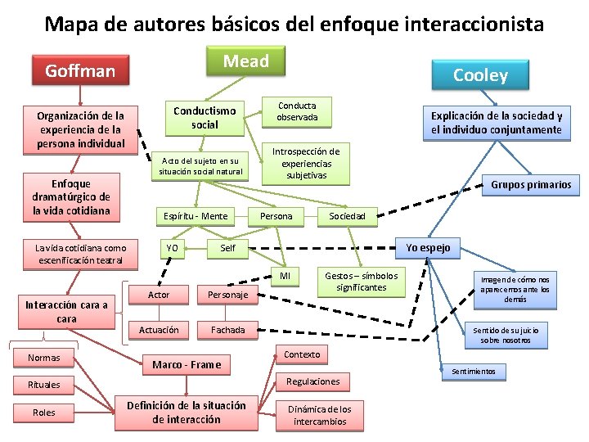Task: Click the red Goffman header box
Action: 80,71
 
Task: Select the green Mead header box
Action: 246,61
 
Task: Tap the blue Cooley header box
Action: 480,75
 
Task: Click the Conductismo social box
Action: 205,118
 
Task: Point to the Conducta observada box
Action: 296,112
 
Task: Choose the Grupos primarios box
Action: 531,185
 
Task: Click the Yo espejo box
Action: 428,247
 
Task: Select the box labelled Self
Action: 228,248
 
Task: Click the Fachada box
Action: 228,331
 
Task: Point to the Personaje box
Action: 228,295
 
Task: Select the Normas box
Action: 43,358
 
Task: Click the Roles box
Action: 43,413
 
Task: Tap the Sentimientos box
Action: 474,372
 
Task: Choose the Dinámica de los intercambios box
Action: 319,415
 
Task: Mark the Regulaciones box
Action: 312,381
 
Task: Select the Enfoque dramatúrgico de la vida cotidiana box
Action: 72,197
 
